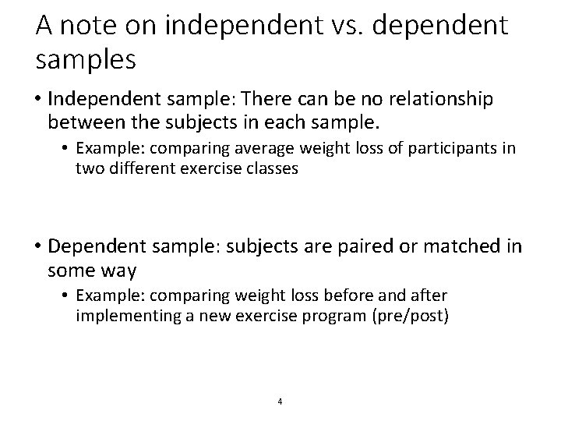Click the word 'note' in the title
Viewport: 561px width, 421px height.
(x=91, y=27)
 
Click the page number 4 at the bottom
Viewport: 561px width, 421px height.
(x=280, y=402)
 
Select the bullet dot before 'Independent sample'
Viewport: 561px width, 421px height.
(x=38, y=101)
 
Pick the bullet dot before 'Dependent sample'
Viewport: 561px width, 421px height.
(x=38, y=248)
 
